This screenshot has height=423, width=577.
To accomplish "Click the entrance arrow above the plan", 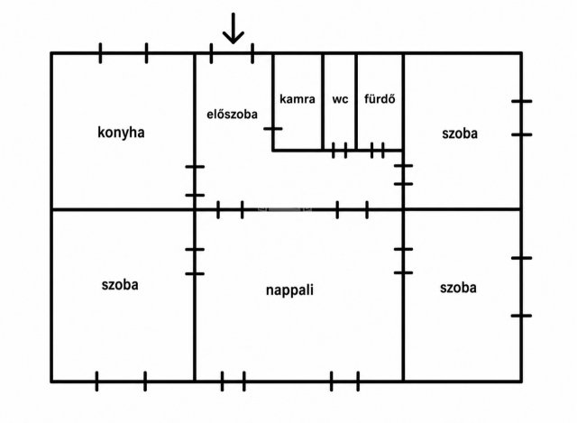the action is [234, 28].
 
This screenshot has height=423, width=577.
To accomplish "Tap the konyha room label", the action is [121, 133].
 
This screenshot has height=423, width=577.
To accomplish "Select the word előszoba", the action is [233, 115].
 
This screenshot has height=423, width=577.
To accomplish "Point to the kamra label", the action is [298, 99].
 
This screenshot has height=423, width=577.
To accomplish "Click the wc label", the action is [340, 99].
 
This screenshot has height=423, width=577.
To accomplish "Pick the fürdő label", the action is [380, 98].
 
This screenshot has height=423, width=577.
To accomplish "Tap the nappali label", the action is [290, 290].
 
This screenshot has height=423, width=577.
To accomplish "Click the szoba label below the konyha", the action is [120, 285].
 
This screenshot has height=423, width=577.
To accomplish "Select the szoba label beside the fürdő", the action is [460, 133].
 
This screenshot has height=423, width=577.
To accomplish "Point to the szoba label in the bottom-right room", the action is [458, 288].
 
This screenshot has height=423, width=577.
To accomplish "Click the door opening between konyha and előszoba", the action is [195, 180].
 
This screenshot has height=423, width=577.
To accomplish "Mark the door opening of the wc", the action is [340, 151].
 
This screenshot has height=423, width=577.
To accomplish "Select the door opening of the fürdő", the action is [378, 151].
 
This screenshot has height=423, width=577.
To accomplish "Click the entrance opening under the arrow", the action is [232, 53].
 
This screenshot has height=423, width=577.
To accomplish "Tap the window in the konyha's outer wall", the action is [124, 53].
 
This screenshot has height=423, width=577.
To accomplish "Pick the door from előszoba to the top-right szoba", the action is [403, 174].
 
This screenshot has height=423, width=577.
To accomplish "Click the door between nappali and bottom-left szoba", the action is [195, 262].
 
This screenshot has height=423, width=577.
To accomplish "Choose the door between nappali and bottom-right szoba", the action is [403, 261].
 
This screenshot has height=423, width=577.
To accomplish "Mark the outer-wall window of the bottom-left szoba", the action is [121, 382].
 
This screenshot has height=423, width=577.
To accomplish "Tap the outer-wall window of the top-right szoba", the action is [521, 118].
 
